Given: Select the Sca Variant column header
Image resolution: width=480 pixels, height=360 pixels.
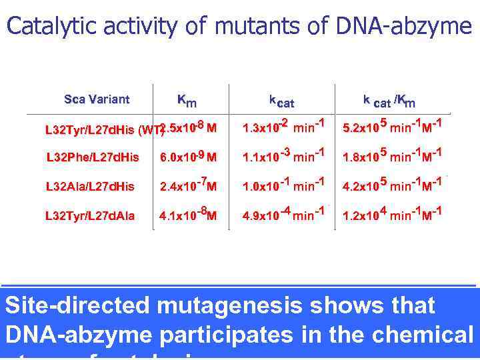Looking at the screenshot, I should (x=97, y=100).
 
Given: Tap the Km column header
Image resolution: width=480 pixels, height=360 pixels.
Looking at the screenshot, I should (x=186, y=101).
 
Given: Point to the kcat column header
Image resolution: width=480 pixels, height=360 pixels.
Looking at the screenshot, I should (x=281, y=101).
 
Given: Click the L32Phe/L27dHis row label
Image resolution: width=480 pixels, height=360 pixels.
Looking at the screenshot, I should (x=93, y=157).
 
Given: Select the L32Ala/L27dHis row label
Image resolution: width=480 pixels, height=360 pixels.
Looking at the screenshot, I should (x=90, y=187).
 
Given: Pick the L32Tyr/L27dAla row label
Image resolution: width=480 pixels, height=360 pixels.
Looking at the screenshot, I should (x=89, y=216).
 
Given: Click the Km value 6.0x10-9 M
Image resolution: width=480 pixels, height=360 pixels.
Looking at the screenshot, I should (x=188, y=157).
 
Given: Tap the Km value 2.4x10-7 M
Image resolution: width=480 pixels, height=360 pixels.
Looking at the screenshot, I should (x=188, y=186).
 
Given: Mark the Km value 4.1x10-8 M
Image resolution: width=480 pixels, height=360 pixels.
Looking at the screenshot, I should (x=188, y=215).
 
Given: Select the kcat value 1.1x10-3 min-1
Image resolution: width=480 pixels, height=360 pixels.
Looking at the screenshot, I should (x=283, y=157).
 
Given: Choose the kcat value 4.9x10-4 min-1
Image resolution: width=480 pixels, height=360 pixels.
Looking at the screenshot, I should (x=283, y=215).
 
